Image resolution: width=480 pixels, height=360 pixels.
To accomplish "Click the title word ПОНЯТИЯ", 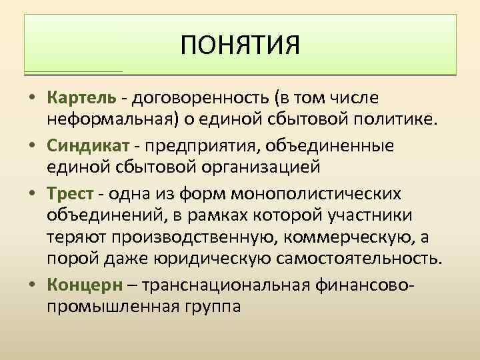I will coord(240,47).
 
